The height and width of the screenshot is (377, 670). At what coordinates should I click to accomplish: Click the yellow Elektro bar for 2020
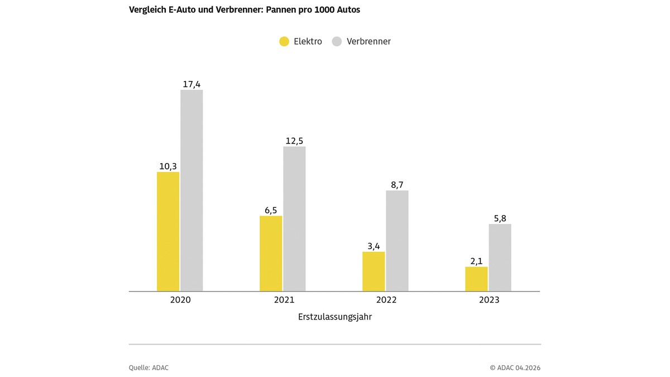point(168,231)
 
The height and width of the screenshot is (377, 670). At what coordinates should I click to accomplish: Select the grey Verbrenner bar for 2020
point(192,190)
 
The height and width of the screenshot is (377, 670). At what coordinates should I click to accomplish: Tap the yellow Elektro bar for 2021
point(271,254)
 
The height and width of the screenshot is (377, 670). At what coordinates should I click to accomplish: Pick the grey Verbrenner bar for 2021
point(294,218)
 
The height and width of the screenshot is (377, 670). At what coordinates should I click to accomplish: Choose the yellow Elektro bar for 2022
point(374,271)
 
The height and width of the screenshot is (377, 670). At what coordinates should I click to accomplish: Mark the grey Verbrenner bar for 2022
point(397,241)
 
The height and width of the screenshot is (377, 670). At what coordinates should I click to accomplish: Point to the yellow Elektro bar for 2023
point(476,279)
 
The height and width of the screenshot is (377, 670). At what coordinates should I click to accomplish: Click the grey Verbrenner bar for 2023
point(500,257)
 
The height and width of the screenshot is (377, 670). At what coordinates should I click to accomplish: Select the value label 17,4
point(192,84)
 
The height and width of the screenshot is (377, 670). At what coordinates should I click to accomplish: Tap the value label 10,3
point(168,166)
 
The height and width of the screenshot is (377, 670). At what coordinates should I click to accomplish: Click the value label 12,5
point(294,141)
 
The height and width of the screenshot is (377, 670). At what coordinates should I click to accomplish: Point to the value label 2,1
point(476,261)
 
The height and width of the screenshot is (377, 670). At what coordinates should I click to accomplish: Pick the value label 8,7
point(397,185)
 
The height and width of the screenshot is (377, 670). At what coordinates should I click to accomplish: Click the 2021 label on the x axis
point(284,300)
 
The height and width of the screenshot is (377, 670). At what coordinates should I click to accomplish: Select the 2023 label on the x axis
point(489,300)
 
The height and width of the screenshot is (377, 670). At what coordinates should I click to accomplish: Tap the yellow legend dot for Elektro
point(284,41)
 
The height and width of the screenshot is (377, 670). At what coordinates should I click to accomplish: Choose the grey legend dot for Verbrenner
point(337,41)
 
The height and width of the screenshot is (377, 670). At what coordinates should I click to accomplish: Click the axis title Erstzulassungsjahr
point(335,317)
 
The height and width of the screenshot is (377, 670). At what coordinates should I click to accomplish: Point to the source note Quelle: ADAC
point(149,368)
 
